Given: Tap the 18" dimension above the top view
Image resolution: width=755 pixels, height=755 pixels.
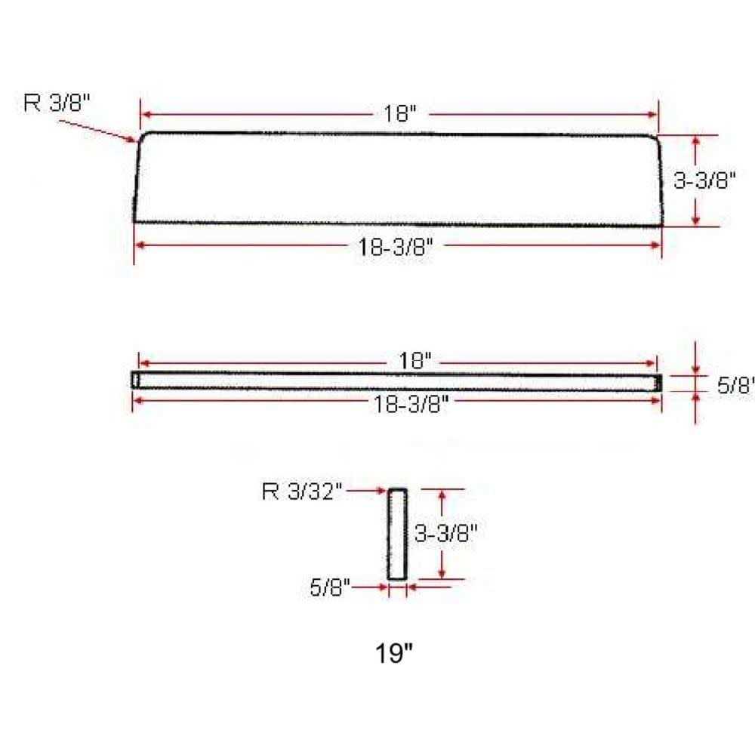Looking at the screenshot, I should coord(400,115).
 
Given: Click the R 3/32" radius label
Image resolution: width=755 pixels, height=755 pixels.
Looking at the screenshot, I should coord(302,492).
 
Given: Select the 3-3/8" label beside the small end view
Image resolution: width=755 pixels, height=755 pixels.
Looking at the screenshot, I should coord(447,534).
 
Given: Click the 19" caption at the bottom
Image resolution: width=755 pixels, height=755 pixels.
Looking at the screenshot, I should coord(396,652).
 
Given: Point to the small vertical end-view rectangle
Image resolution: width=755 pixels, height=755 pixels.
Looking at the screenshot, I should coord(397,535).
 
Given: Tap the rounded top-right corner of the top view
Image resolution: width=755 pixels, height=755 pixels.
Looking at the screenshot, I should coord(655,138).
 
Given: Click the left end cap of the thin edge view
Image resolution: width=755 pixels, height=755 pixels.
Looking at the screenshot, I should coord(135,381).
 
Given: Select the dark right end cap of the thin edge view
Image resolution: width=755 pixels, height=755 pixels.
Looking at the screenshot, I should coord(658,384).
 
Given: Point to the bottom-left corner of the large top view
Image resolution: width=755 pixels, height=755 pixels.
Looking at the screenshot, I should coord(135,221).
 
